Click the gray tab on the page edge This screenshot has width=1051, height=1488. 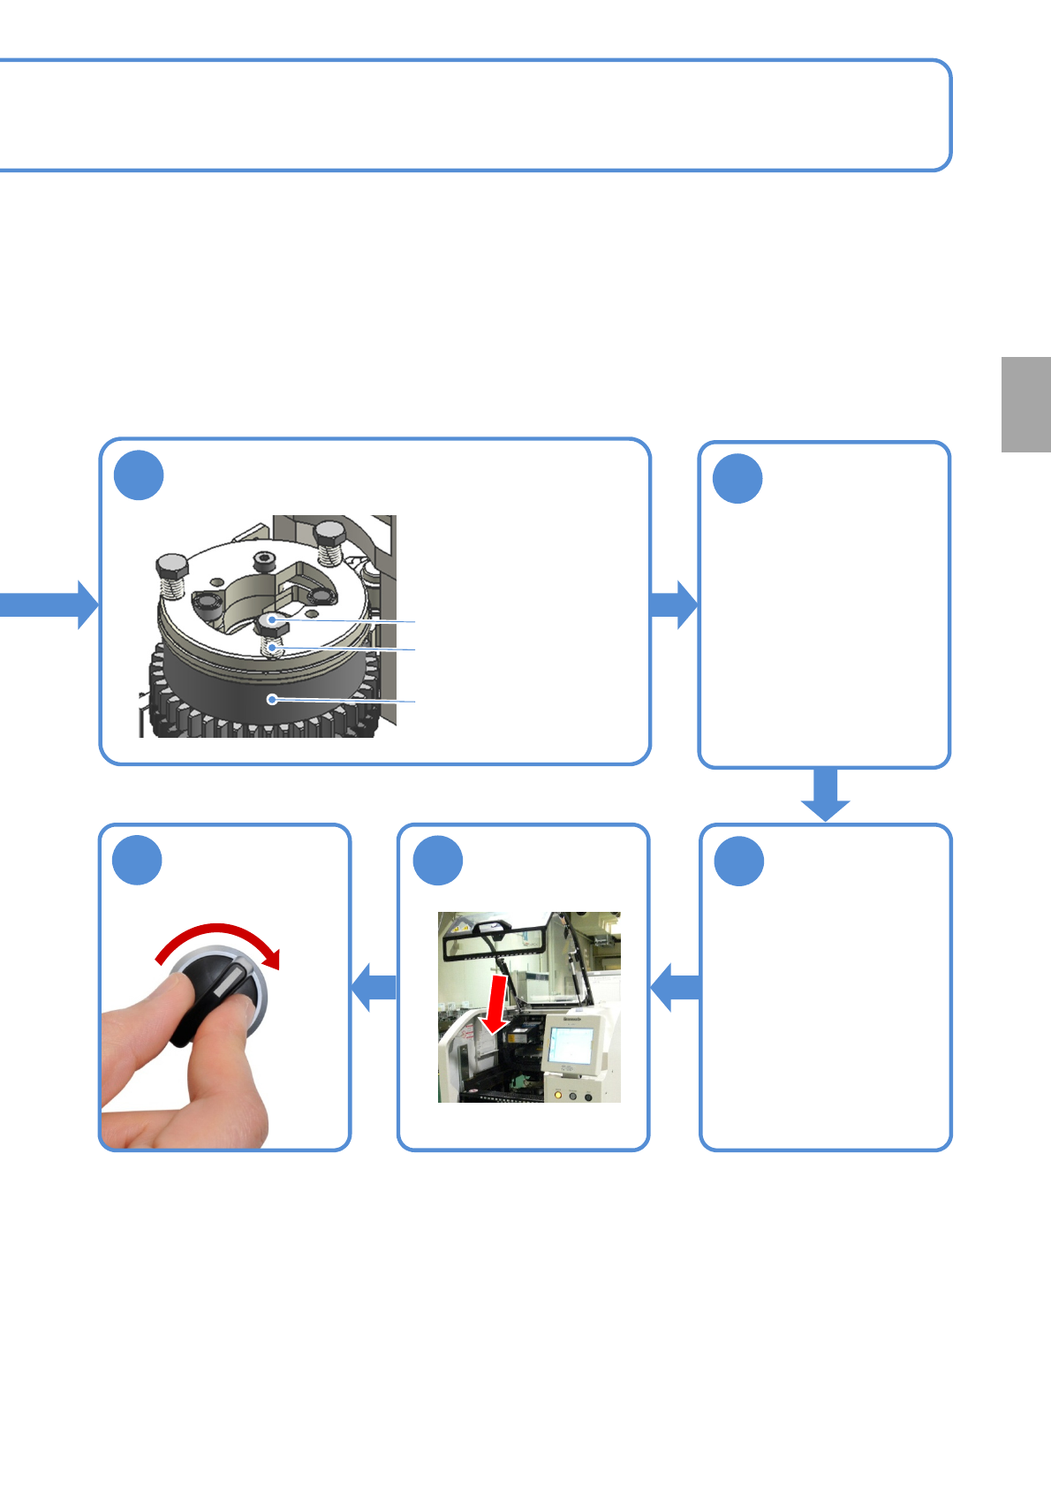coord(1025,405)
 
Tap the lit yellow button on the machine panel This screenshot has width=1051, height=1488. coord(557,1096)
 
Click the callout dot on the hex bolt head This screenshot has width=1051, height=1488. coord(273,620)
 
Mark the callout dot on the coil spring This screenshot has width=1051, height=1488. coord(274,649)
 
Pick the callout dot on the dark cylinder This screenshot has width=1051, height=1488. coord(273,700)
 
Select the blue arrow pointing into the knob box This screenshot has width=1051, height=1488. coord(373,986)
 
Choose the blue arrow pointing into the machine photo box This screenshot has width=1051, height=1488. coord(675,987)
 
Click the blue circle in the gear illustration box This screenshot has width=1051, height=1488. coord(139,475)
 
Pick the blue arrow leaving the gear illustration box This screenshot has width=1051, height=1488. coord(674,604)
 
